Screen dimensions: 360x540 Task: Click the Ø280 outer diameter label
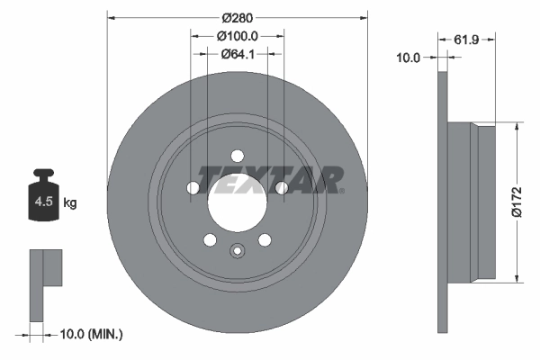[238, 18]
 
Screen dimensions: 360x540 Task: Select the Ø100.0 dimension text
[238, 36]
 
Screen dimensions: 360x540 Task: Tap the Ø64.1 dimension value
[238, 54]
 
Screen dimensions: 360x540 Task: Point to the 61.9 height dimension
[465, 40]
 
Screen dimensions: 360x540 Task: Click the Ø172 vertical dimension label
[529, 202]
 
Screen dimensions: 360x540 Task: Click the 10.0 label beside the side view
[409, 58]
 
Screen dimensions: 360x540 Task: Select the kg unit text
[70, 203]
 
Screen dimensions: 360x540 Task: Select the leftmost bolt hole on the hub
[193, 187]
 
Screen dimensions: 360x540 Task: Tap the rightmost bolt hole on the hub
[282, 187]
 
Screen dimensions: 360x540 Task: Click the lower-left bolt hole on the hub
[210, 239]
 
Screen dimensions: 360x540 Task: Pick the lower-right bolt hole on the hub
[265, 239]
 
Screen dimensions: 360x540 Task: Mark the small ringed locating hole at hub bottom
[238, 252]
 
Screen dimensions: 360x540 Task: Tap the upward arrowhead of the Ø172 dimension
[516, 129]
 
